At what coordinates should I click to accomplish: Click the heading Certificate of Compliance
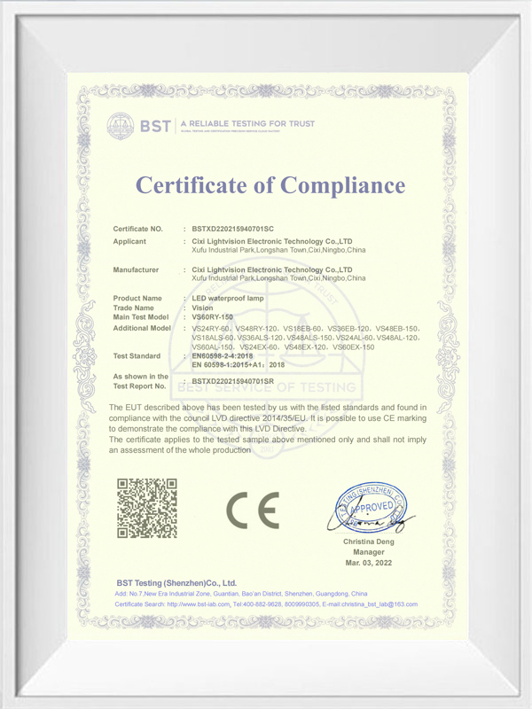click(x=270, y=185)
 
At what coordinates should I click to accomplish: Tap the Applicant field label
click(x=130, y=241)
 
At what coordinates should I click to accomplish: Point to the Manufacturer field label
click(x=137, y=269)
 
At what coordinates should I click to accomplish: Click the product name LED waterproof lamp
click(x=228, y=299)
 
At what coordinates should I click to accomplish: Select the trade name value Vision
click(x=203, y=308)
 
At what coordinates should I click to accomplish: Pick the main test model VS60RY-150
click(x=213, y=316)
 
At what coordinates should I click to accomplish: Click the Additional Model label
click(x=143, y=328)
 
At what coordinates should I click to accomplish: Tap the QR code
click(x=148, y=508)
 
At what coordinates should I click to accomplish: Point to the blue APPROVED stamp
click(x=368, y=508)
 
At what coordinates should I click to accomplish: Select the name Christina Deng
click(x=368, y=541)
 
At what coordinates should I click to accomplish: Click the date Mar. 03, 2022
click(x=368, y=563)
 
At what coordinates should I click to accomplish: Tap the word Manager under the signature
click(x=368, y=551)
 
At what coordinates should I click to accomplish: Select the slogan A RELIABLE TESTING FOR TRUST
click(x=247, y=122)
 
